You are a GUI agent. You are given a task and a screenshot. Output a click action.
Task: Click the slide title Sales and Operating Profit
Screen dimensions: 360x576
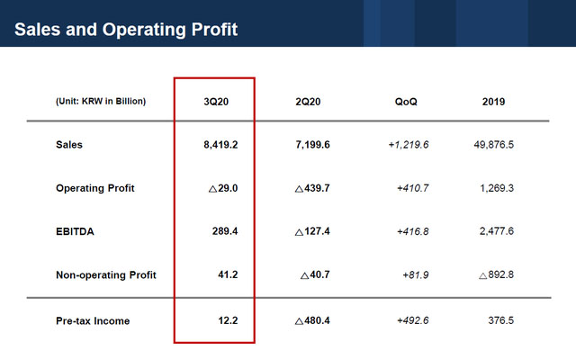pos(126,30)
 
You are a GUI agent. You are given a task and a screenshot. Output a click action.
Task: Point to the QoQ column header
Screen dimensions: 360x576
pos(406,102)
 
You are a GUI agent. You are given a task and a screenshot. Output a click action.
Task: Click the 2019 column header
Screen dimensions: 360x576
pos(493,102)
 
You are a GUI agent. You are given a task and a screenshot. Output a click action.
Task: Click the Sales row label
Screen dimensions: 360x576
pos(69,145)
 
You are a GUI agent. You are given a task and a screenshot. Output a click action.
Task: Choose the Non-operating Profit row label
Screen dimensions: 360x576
pos(106,274)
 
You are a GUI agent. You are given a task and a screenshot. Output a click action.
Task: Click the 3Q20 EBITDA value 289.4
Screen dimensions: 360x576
pos(227,231)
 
